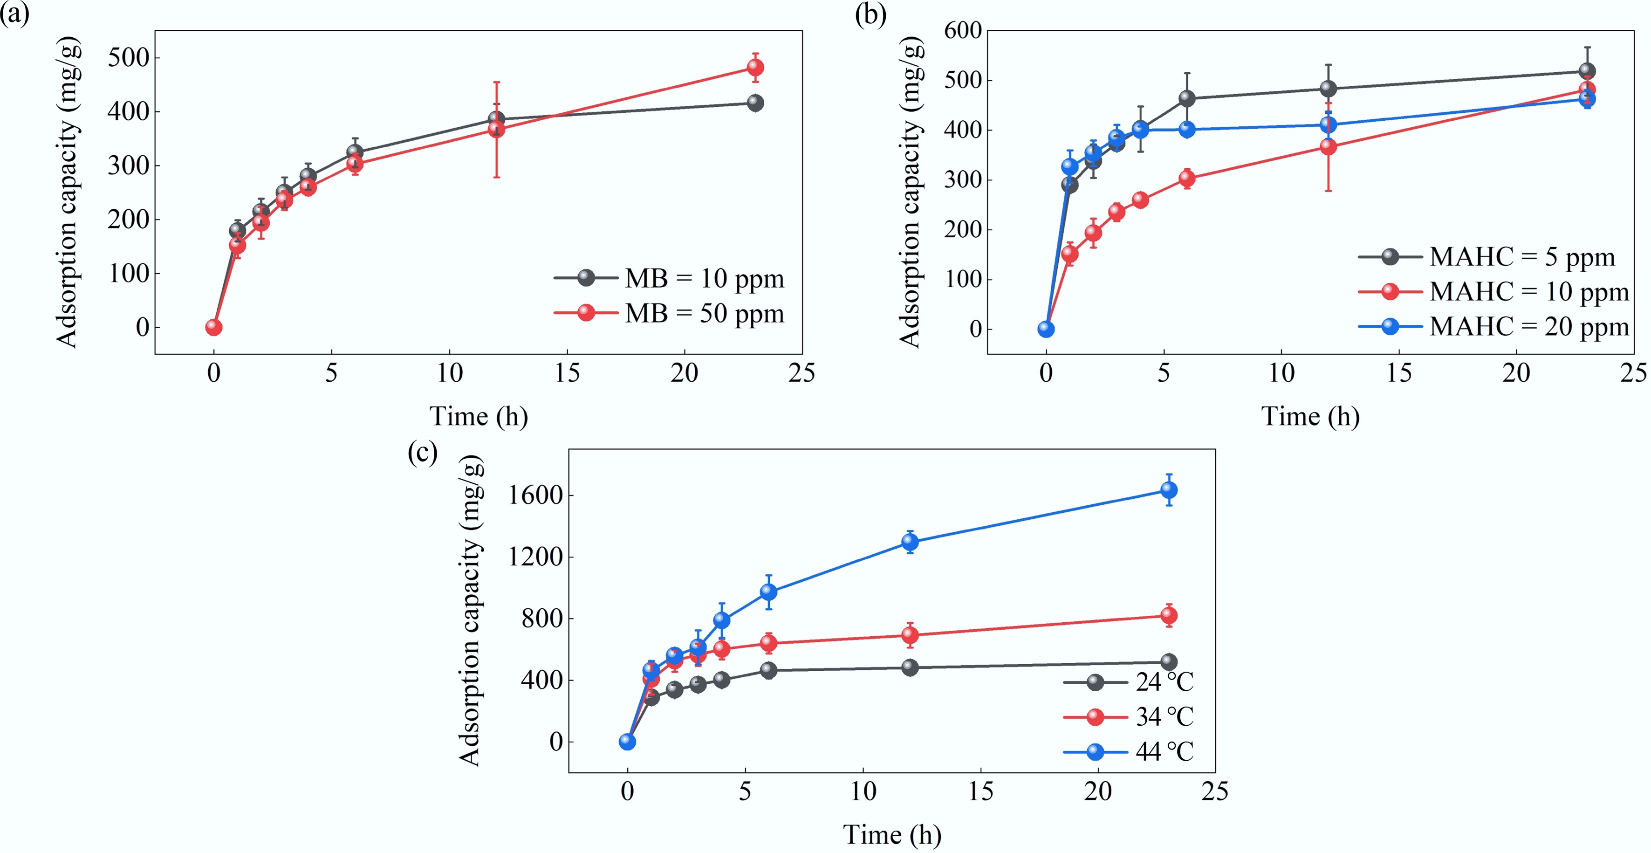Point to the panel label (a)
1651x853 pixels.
(x=14, y=14)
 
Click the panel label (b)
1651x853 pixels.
(x=870, y=14)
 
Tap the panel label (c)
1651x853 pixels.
(x=422, y=453)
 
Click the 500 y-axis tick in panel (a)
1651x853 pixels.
(x=128, y=58)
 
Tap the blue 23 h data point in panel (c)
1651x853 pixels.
(x=1168, y=490)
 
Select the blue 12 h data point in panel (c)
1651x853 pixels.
(x=910, y=542)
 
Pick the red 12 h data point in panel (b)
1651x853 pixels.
(x=1328, y=147)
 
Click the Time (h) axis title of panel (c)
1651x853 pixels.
(x=891, y=835)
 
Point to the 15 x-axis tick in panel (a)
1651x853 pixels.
(x=567, y=373)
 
